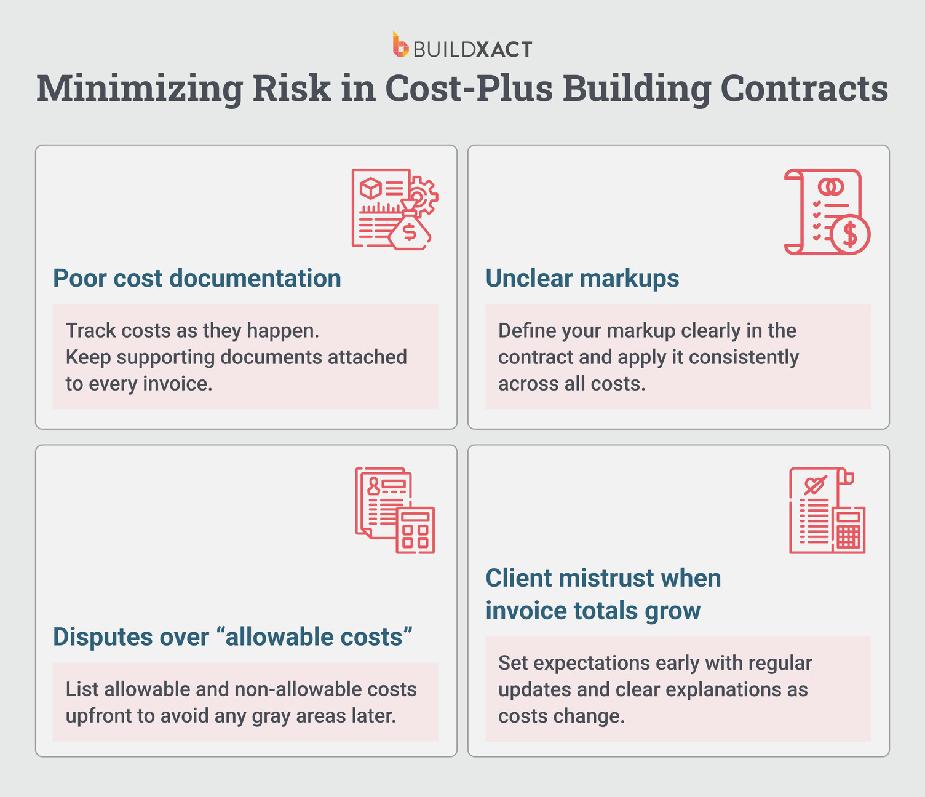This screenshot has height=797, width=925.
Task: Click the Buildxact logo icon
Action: point(401,46)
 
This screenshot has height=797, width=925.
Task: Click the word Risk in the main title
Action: point(292,89)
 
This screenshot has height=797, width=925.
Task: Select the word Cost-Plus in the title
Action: point(467,89)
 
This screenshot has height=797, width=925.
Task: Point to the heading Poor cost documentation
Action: point(197,278)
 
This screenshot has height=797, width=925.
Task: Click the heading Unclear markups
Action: point(582,278)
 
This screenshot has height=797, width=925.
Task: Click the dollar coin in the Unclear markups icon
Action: point(850,234)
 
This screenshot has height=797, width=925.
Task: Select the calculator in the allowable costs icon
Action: point(415,529)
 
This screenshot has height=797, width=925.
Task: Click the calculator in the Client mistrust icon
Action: point(849,529)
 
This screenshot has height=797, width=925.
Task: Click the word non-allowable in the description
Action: point(298,689)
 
